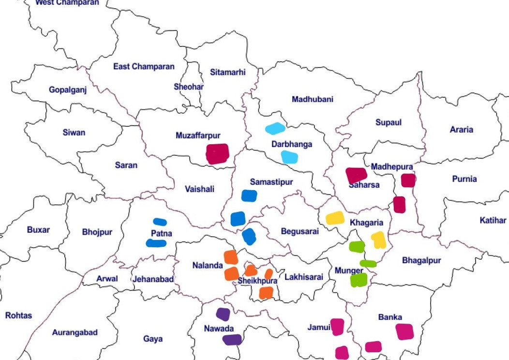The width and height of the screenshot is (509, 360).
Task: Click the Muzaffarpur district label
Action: [197, 135]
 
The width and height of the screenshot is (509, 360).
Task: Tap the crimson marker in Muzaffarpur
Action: [217, 154]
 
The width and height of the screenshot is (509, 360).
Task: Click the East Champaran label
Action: [144, 66]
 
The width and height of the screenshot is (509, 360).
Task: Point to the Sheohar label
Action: [189, 87]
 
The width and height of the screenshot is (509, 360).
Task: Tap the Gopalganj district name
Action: [68, 90]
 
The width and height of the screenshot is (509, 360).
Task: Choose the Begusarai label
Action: [300, 231]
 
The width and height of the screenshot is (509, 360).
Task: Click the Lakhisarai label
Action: [303, 277]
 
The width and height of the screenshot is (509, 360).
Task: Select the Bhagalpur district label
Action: [421, 260]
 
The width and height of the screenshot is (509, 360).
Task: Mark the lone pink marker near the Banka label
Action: [404, 331]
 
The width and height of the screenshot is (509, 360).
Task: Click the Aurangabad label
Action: [75, 332]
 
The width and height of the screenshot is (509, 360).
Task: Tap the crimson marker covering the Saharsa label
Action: [357, 175]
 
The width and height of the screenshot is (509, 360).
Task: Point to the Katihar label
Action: [493, 220]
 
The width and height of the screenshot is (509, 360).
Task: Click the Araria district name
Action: [461, 129]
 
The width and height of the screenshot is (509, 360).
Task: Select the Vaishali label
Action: [199, 189]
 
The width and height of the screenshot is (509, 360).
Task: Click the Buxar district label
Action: [38, 229]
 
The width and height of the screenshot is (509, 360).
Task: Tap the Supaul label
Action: [389, 122]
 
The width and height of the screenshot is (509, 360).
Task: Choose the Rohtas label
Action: [18, 315]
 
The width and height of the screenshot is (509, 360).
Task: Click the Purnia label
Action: [464, 179]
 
